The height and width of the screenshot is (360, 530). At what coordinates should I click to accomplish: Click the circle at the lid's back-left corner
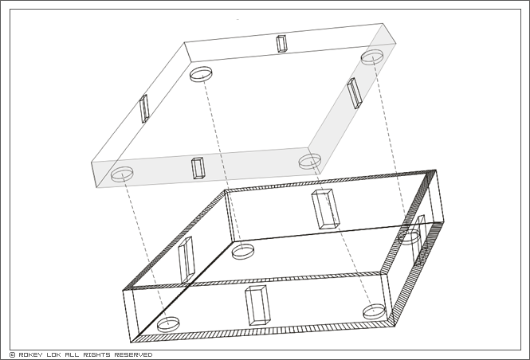201,68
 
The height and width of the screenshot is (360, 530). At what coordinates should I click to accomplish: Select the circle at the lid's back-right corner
372,51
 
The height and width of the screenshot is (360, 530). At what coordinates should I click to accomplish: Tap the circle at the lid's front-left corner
122,168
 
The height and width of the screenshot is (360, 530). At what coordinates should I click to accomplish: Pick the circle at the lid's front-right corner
310,155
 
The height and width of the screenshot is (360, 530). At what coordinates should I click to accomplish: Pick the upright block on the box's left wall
186,260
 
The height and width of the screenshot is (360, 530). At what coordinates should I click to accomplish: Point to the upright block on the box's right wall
419,240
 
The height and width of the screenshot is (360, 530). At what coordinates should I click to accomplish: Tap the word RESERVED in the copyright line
133,355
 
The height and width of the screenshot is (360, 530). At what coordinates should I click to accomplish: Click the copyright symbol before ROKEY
13,355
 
